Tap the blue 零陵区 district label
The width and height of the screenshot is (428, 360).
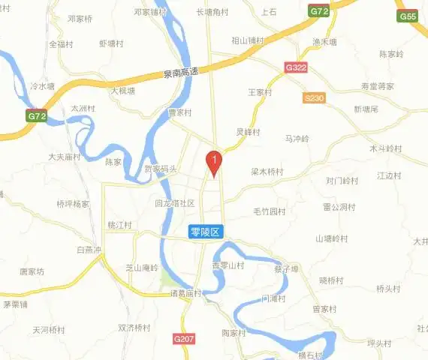[x=205, y=233]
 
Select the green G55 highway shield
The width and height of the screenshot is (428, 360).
[x=408, y=16]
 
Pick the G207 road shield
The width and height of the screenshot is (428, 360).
[x=183, y=340]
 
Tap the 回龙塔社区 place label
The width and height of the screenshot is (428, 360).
[x=174, y=203]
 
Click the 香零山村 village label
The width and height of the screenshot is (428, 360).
[x=228, y=265]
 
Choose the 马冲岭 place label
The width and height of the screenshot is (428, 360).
[x=297, y=139]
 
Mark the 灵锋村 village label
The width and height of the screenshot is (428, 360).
[x=248, y=132]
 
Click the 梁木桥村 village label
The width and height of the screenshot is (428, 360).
[x=267, y=172]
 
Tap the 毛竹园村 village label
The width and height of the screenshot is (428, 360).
[x=270, y=211]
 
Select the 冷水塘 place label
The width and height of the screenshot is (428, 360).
[x=43, y=86]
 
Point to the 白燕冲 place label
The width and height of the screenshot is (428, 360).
[x=89, y=250]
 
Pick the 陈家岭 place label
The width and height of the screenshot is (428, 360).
[x=391, y=54]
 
